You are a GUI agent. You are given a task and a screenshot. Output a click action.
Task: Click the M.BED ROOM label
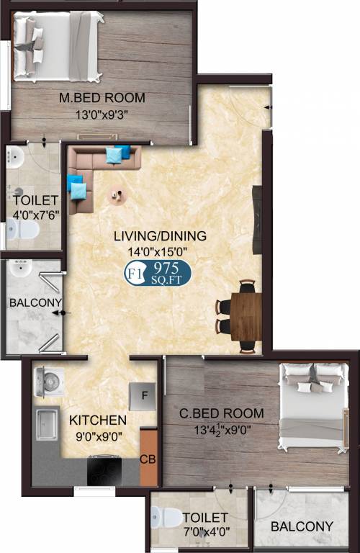pyautogui.click(x=102, y=98)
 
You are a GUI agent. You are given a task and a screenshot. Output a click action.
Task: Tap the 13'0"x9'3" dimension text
pyautogui.click(x=102, y=114)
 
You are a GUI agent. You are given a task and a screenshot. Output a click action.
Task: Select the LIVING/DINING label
pyautogui.click(x=160, y=235)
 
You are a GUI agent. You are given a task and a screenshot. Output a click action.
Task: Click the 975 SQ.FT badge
pyautogui.click(x=158, y=274)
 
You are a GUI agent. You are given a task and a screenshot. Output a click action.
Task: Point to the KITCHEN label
pyautogui.click(x=98, y=420)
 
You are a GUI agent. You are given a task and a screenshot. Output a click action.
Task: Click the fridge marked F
pyautogui.click(x=143, y=397)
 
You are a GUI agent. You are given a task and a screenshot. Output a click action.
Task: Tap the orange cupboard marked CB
pyautogui.click(x=148, y=457)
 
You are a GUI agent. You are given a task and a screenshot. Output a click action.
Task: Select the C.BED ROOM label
pyautogui.click(x=222, y=413)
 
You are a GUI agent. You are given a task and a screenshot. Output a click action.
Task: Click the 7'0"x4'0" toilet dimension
pyautogui.click(x=207, y=531)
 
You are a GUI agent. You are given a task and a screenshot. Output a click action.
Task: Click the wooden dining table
pyautogui.click(x=246, y=316)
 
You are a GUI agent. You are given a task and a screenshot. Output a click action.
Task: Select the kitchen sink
pyautogui.click(x=47, y=423)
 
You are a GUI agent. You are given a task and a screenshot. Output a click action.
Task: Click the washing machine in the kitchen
pyautogui.click(x=49, y=382)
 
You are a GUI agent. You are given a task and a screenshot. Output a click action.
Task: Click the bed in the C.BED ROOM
pyautogui.click(x=313, y=406)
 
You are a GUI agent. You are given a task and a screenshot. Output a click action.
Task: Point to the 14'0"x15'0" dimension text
pyautogui.click(x=157, y=252)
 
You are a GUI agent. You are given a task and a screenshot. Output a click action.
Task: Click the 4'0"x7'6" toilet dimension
pyautogui.click(x=35, y=215)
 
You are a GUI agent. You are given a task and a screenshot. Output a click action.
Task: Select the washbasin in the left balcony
pyautogui.click(x=21, y=268)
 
